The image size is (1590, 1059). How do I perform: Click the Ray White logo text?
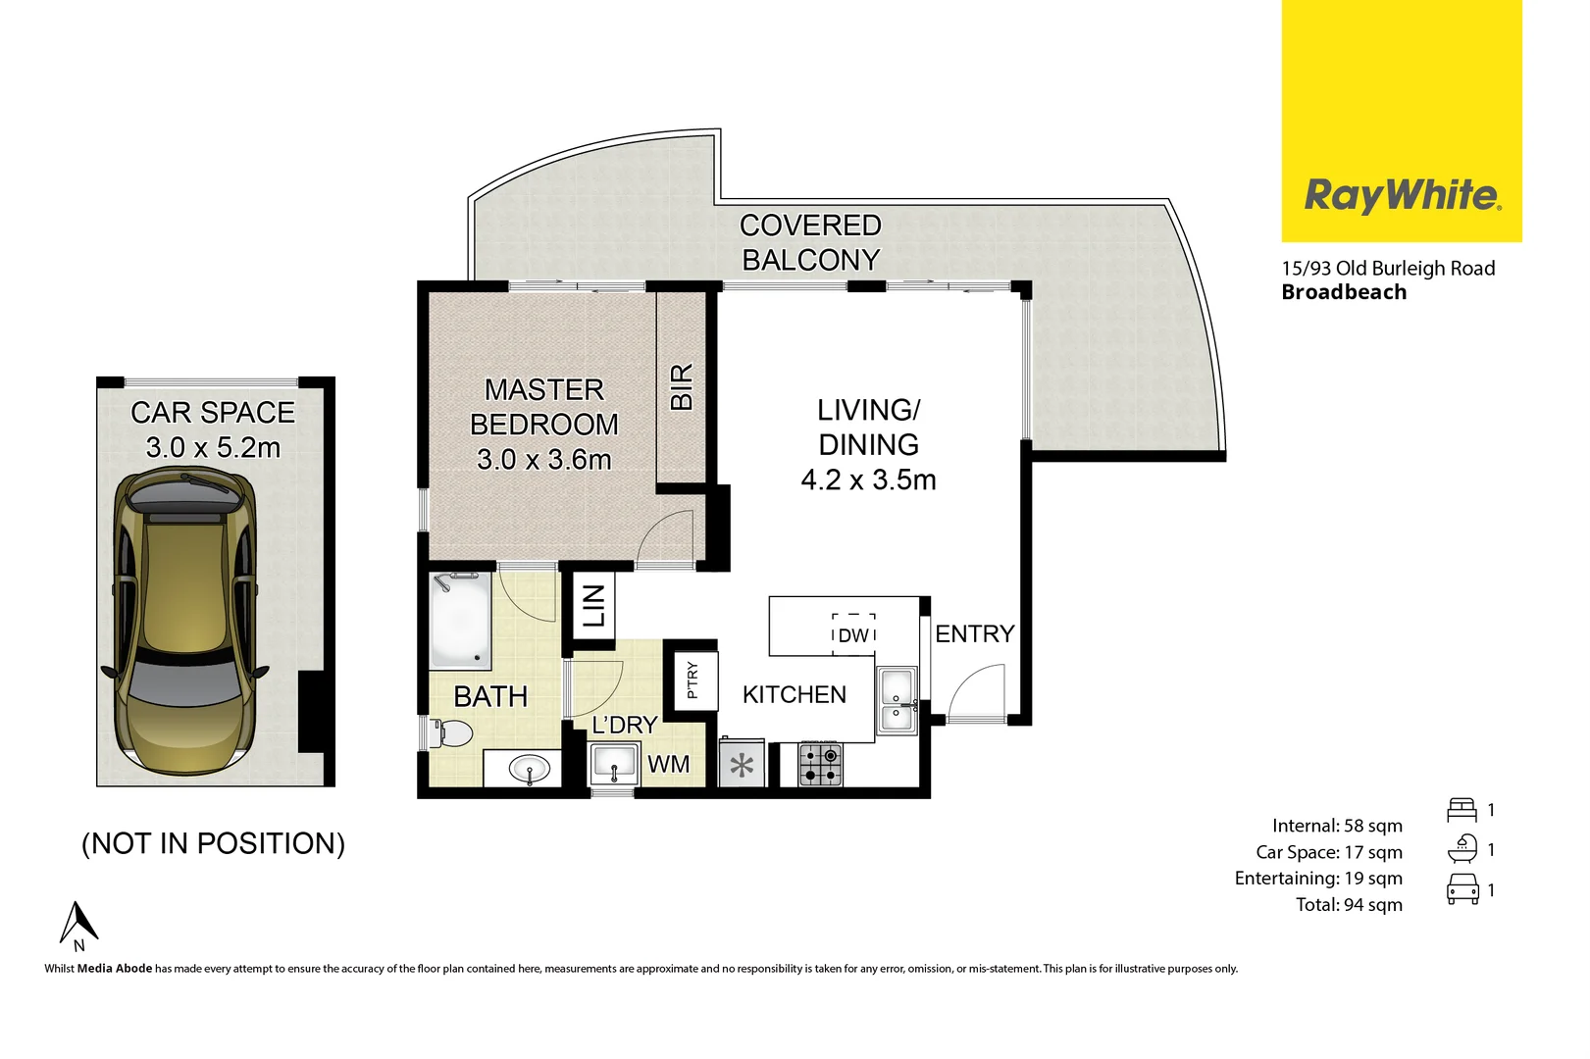pos(1401,195)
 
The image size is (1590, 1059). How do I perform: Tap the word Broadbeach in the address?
pos(1343,292)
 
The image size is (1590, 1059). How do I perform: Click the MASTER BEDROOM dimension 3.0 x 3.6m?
pos(543,459)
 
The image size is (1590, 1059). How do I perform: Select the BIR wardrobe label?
pos(681,386)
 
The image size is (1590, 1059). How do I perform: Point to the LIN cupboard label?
pos(594,606)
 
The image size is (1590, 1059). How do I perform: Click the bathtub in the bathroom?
pos(459,620)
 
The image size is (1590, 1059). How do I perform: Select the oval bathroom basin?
pos(530,769)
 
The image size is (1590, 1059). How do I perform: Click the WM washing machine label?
pos(668,764)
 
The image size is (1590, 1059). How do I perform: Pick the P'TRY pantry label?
pos(692,679)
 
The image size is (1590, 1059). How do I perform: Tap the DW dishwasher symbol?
pos(853,634)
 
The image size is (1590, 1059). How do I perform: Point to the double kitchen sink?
pos(896,700)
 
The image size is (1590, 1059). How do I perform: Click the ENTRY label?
pos(974,634)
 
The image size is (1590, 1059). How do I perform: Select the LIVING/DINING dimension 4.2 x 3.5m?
pos(868,479)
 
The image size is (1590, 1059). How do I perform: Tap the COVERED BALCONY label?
pos(810,242)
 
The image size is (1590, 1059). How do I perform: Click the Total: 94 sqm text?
pos(1349,904)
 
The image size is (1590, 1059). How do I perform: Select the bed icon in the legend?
pos(1461,810)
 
